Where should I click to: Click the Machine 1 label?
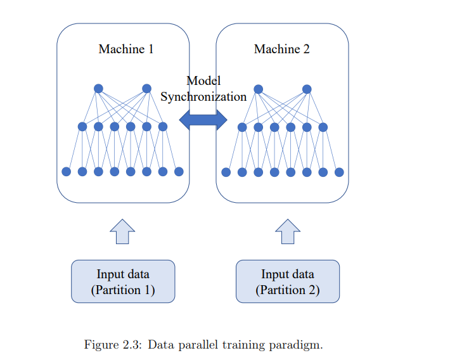tap(126, 49)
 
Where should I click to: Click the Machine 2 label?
tap(282, 49)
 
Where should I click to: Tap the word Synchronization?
tap(203, 97)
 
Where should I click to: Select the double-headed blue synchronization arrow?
tap(203, 120)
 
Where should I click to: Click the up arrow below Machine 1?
tap(122, 232)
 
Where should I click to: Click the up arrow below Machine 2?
tap(288, 232)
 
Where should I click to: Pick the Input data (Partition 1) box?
tap(123, 281)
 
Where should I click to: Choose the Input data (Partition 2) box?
tap(288, 281)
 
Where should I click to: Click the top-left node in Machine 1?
tap(98, 89)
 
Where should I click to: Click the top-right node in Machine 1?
tap(146, 89)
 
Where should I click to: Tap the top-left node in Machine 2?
tap(259, 89)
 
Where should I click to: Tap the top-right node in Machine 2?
tap(307, 89)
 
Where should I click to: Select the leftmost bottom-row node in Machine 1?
tap(67, 172)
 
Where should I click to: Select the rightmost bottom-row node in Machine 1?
tap(179, 172)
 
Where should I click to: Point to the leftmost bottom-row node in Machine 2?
tap(226, 172)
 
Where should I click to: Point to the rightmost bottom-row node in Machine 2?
tap(339, 172)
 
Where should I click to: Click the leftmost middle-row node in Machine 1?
tap(82, 127)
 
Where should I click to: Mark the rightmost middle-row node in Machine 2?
tap(323, 127)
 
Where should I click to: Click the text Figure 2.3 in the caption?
tap(113, 345)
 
